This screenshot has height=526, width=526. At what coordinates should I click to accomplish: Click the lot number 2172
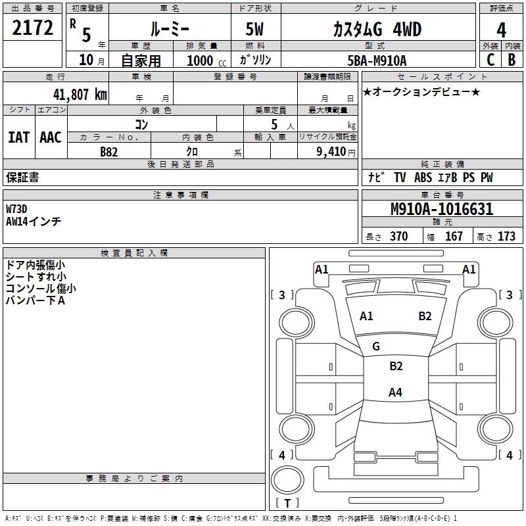coord(33,28)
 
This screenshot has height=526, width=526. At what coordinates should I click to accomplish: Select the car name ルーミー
coord(168,30)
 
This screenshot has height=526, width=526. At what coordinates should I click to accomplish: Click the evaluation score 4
coord(502,30)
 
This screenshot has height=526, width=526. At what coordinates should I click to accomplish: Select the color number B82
coord(109,151)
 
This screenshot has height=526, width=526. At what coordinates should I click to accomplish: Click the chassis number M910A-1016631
coord(441,209)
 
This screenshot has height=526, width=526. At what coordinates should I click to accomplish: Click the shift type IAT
coord(18,137)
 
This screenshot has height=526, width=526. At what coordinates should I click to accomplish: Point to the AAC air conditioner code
coord(51,137)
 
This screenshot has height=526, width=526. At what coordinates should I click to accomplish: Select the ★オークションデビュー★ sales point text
coord(421,91)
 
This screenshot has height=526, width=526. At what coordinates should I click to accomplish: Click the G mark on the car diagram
coord(376,347)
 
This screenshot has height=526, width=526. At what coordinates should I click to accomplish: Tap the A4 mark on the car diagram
coord(394,393)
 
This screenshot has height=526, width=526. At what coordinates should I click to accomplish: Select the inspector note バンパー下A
coord(36,300)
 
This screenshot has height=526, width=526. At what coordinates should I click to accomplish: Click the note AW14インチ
coord(34,222)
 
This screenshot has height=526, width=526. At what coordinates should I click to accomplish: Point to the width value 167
coord(454,237)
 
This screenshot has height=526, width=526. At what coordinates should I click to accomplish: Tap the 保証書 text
coord(22,178)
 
